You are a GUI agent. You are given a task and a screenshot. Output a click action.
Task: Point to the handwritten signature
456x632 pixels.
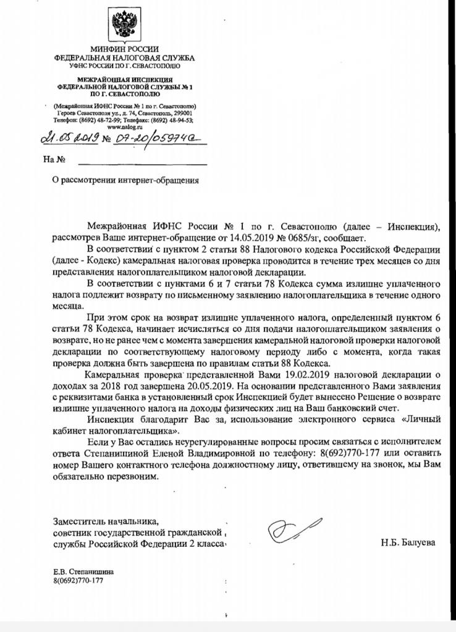click(x=289, y=530)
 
